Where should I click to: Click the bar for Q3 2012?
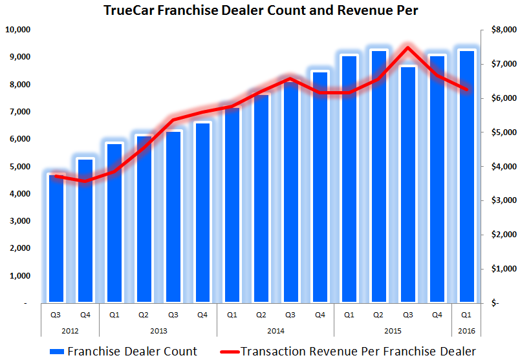(x=56, y=239)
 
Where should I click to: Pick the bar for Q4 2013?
(x=202, y=213)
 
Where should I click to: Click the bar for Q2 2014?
(x=261, y=200)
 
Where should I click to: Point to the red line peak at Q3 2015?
(x=407, y=47)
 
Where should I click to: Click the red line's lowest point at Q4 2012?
(x=85, y=181)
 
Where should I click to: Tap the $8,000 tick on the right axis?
(x=502, y=30)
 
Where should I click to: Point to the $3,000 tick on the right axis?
(x=502, y=200)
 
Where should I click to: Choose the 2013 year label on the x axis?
(x=158, y=330)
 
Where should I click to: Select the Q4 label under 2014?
(x=320, y=316)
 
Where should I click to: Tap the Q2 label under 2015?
(x=378, y=316)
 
